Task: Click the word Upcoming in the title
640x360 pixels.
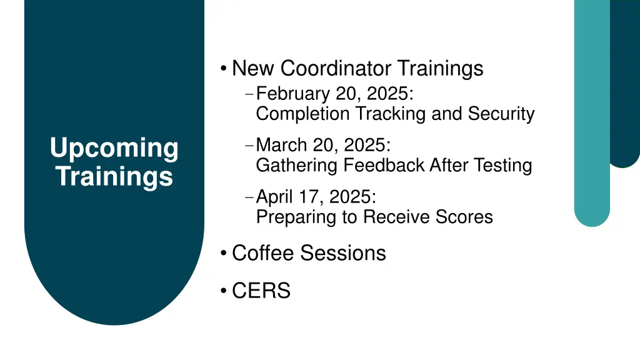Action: (x=114, y=149)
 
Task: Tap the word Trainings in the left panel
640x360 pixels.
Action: (x=114, y=176)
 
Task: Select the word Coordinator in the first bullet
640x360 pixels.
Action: (x=336, y=67)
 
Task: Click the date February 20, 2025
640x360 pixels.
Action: (x=334, y=94)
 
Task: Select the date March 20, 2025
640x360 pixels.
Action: (x=323, y=145)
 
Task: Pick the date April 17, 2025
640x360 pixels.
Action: (x=316, y=197)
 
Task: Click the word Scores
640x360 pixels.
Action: (x=463, y=217)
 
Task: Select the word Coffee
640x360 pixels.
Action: (x=263, y=253)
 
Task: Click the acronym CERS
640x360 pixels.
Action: (x=261, y=291)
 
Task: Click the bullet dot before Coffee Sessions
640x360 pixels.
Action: (x=223, y=254)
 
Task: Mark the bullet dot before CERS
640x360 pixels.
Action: (x=223, y=291)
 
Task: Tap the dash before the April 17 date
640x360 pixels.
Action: (x=249, y=197)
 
